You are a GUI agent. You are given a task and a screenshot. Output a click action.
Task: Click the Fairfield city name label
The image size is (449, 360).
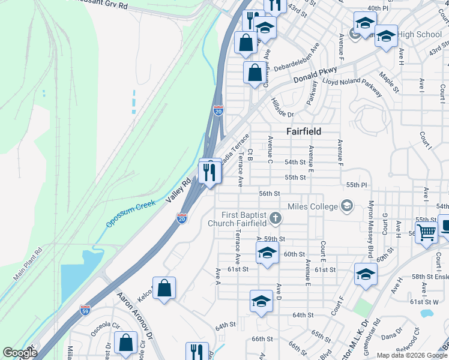[303, 131]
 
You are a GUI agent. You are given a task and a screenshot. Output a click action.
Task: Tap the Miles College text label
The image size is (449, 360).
[313, 206]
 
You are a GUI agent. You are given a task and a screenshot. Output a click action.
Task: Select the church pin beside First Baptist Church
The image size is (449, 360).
[275, 217]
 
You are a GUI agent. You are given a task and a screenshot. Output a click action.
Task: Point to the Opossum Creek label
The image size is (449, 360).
[131, 213]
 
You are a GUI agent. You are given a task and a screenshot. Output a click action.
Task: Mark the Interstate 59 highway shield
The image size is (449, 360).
[85, 310]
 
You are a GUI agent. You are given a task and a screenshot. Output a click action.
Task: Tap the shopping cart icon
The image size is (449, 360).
[426, 232]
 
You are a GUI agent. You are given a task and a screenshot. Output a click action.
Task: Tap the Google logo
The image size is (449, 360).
[20, 353]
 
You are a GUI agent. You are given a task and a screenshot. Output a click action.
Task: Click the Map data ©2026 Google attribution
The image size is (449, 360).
[411, 355]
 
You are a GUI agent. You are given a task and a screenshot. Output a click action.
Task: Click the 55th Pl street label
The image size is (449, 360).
[356, 184]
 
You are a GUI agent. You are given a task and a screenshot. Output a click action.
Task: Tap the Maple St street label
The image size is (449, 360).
[389, 83]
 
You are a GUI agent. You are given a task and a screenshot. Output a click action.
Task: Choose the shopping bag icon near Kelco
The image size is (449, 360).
[164, 289]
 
